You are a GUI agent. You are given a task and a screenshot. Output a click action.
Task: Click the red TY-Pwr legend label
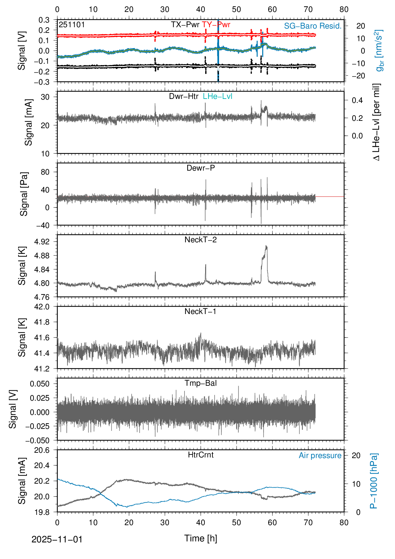[216, 25]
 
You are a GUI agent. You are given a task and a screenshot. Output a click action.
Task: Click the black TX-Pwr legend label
[185, 25]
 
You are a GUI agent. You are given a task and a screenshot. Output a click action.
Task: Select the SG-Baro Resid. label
[312, 26]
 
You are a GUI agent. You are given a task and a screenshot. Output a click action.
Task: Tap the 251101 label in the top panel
[72, 25]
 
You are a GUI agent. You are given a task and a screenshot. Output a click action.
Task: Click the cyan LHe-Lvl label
[217, 96]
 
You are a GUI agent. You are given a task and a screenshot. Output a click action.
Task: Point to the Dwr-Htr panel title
[184, 96]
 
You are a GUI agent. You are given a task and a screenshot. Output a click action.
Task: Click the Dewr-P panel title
[200, 168]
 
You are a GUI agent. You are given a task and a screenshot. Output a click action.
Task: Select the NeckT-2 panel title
[200, 240]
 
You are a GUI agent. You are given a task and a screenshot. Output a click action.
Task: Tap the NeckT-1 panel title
[200, 311]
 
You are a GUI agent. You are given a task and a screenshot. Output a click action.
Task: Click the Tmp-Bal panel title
[200, 383]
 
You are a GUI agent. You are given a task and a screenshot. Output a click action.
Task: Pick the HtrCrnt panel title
[200, 455]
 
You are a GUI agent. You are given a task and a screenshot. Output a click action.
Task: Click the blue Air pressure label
[320, 455]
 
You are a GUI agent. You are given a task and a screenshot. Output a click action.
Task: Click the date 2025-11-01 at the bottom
[57, 539]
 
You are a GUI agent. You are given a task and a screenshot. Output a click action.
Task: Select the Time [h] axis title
[200, 538]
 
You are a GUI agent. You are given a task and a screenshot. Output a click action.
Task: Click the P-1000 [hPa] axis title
[374, 481]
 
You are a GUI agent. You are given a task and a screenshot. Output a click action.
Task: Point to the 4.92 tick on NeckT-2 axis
[42, 242]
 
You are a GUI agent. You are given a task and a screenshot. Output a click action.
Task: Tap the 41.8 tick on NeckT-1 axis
[42, 322]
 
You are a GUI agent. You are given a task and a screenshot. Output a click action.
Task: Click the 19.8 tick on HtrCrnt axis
[42, 512]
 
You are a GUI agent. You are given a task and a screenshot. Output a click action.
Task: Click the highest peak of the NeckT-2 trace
[266, 246]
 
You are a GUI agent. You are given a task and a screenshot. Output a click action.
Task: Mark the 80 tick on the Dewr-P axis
[45, 172]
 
